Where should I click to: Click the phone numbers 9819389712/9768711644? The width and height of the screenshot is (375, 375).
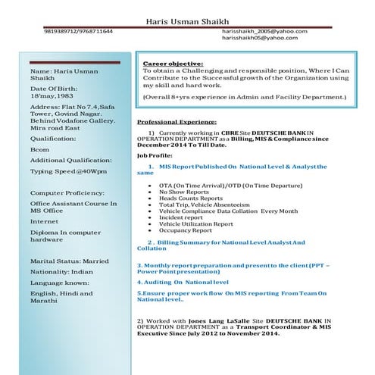(79, 31)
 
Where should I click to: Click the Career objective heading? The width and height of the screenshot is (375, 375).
(173, 63)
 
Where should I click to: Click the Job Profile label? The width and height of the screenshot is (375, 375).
(156, 155)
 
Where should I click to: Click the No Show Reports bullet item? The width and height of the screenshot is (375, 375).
(186, 192)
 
